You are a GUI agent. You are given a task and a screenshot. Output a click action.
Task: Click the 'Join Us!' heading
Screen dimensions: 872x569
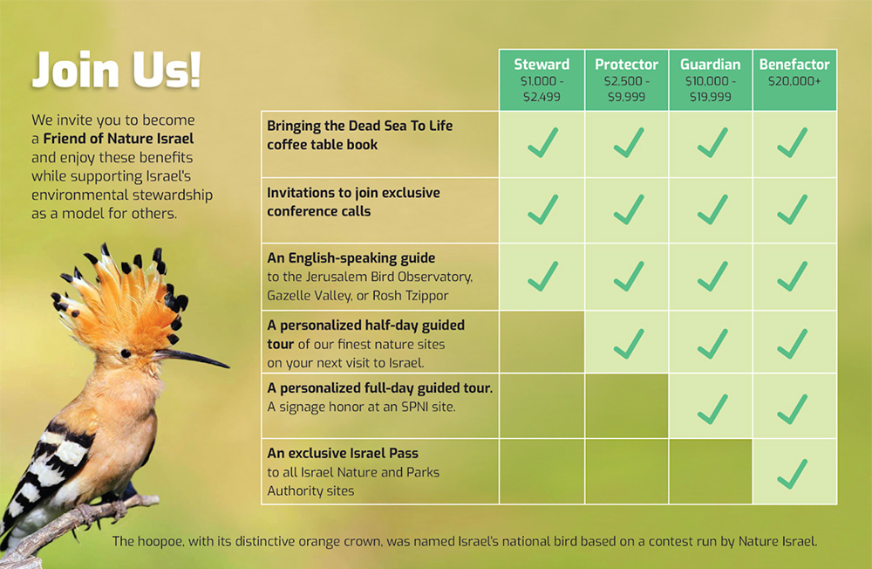116,70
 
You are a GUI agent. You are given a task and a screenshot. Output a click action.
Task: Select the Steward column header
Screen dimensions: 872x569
542,80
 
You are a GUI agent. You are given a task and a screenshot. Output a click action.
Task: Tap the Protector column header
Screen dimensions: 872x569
626,80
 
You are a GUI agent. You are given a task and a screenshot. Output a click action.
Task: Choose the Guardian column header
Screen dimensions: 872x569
710,80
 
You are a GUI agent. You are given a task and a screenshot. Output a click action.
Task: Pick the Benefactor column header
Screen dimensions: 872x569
794,80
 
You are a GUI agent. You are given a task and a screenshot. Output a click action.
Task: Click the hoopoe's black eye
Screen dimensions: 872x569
126,353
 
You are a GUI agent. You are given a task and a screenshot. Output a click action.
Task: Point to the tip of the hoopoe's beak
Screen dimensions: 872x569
228,367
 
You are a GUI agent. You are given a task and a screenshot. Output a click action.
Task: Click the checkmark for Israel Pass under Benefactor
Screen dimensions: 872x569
793,474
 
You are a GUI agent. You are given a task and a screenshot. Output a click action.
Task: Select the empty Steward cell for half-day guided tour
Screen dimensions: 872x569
542,342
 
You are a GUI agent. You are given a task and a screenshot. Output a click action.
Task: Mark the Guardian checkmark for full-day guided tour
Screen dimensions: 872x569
712,409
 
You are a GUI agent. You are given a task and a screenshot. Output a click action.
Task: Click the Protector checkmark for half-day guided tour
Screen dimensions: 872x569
629,344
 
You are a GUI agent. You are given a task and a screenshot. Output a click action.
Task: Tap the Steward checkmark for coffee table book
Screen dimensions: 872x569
542,142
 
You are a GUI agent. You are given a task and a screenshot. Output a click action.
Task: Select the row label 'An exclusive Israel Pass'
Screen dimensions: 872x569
343,453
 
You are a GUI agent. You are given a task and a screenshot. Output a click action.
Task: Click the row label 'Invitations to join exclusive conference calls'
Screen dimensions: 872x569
353,202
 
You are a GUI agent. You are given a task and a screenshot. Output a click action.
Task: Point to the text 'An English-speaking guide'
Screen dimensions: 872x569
351,257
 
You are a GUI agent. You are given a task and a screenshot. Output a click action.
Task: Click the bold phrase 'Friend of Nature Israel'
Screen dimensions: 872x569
119,139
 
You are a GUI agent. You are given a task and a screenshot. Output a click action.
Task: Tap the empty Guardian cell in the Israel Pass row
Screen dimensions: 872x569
710,471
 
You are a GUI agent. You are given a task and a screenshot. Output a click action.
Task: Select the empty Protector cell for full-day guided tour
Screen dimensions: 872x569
626,406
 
